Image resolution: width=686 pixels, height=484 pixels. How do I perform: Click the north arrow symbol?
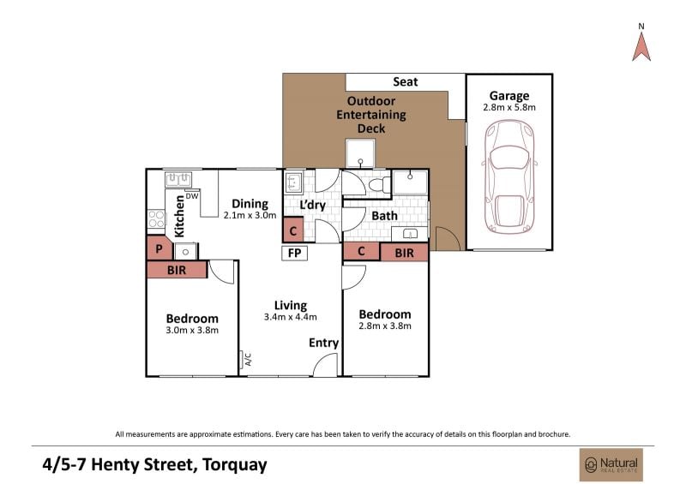[x=641, y=46]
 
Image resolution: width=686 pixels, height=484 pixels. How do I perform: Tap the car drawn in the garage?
[x=509, y=176]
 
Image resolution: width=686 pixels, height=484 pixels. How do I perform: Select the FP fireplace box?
[x=295, y=254]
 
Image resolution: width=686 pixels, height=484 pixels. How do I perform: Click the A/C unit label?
[x=248, y=360]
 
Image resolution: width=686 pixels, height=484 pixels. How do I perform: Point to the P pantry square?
[x=159, y=248]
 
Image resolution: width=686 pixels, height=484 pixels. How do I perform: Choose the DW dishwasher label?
[x=192, y=196]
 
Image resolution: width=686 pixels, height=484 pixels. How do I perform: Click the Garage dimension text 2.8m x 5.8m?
[x=509, y=108]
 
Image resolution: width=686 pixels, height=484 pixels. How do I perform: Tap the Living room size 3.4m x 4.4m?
[x=291, y=317]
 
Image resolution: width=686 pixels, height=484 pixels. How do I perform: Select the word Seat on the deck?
[x=405, y=81]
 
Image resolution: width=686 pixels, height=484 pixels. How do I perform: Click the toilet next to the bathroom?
[x=380, y=185]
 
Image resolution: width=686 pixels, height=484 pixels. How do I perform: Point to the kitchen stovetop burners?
[x=156, y=218]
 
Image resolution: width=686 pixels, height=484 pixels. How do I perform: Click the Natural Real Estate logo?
[x=611, y=465]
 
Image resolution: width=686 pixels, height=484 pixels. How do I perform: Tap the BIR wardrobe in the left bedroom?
[x=177, y=270]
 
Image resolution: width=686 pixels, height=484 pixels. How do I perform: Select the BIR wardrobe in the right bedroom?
[x=404, y=253]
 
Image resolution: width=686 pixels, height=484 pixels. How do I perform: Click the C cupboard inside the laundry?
[x=293, y=230]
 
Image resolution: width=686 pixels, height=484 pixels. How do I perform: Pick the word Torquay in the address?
[x=234, y=464]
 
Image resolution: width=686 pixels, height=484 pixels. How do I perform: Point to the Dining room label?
[x=250, y=204]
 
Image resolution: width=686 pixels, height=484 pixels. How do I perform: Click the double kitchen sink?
[x=178, y=179]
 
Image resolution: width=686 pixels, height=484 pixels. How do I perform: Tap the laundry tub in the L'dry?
[x=293, y=182]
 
